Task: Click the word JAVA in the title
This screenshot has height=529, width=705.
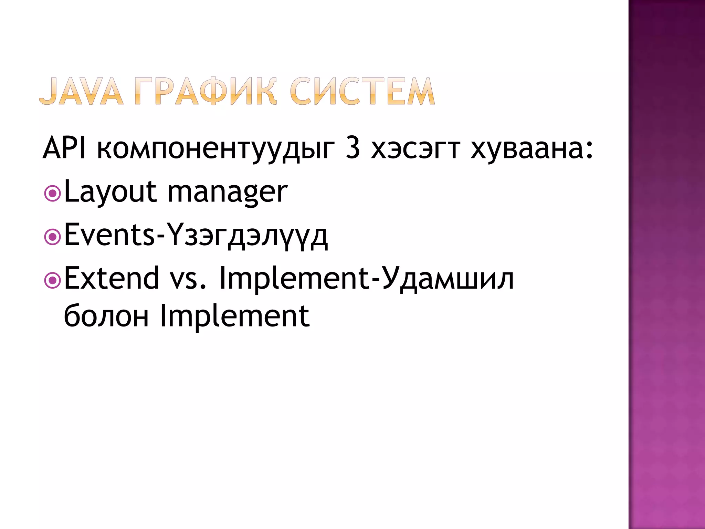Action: (x=81, y=91)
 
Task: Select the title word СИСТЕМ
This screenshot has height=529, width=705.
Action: (x=362, y=91)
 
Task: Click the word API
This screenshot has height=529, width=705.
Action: (x=64, y=148)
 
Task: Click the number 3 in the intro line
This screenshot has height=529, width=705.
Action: (x=353, y=148)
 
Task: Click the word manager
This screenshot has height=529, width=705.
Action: (x=228, y=193)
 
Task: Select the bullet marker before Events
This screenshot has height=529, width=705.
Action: (x=53, y=237)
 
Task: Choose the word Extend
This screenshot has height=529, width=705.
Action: (x=112, y=278)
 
